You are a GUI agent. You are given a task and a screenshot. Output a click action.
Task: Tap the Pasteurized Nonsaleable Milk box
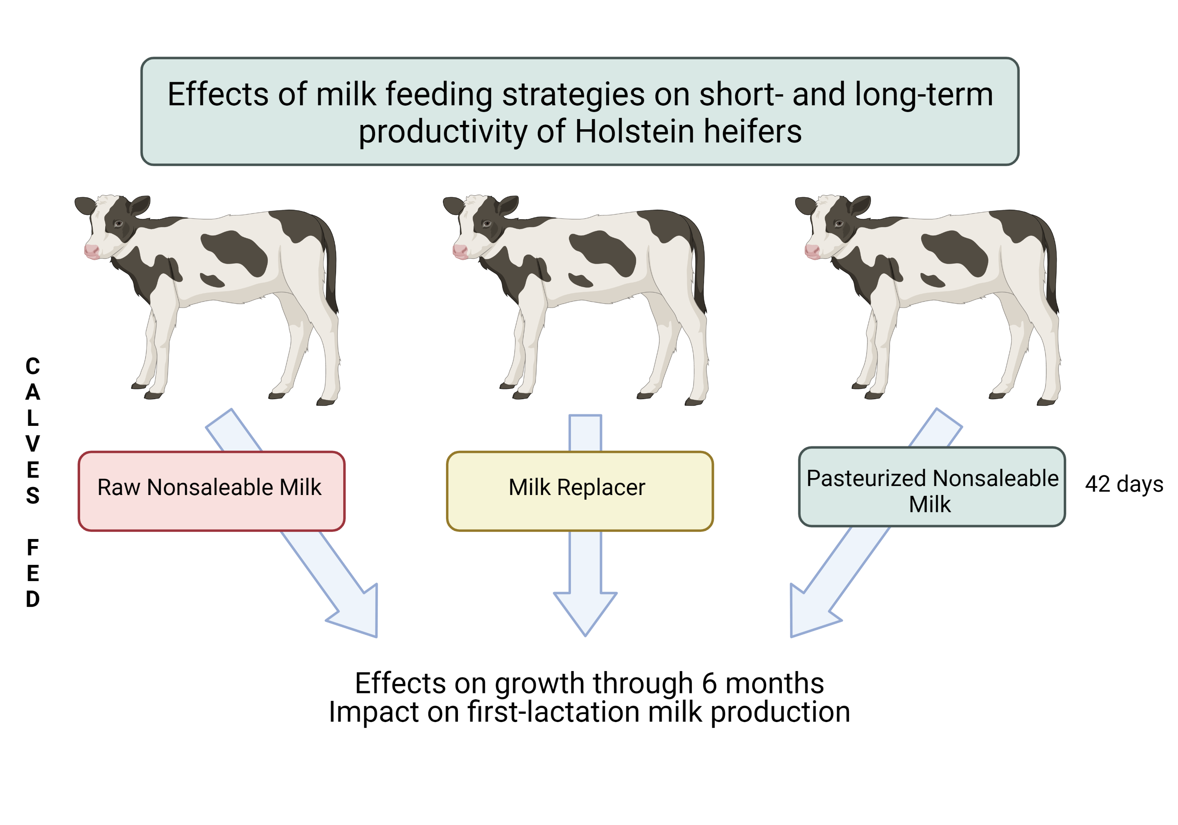(932, 487)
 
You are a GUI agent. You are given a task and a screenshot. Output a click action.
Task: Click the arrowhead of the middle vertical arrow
(585, 614)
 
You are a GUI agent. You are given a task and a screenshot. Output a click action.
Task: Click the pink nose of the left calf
(91, 251)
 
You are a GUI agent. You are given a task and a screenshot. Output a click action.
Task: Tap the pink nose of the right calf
(812, 251)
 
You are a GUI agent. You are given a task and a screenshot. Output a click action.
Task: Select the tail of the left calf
(329, 262)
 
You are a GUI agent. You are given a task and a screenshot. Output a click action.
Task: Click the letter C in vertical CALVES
(33, 367)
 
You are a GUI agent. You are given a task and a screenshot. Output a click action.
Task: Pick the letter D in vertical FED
(33, 599)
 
